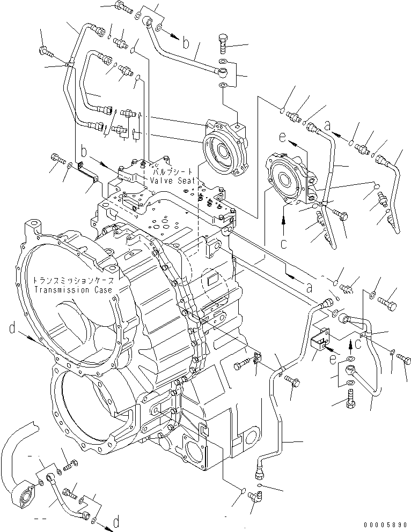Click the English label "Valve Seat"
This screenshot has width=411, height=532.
coord(169,182)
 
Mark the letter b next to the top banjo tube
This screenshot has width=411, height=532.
coord(185,44)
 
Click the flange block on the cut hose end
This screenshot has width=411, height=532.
coord(24,493)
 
